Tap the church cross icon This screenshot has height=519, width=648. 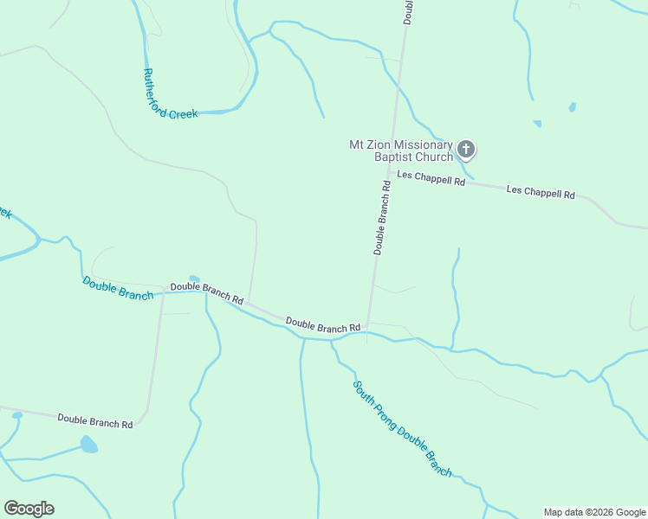tap(465, 151)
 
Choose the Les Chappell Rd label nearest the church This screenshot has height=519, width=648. tap(431, 179)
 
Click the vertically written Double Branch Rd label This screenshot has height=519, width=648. tap(383, 216)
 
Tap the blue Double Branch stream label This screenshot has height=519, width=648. tap(118, 288)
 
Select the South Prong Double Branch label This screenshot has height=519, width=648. tap(402, 428)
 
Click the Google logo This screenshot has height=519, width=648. tap(29, 509)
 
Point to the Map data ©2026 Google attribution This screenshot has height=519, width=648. tap(593, 512)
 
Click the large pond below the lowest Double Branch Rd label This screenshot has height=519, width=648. tap(88, 445)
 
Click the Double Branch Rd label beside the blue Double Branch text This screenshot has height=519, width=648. tap(207, 293)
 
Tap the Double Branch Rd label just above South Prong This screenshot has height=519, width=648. tap(322, 327)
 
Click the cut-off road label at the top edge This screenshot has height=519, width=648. tap(408, 10)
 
